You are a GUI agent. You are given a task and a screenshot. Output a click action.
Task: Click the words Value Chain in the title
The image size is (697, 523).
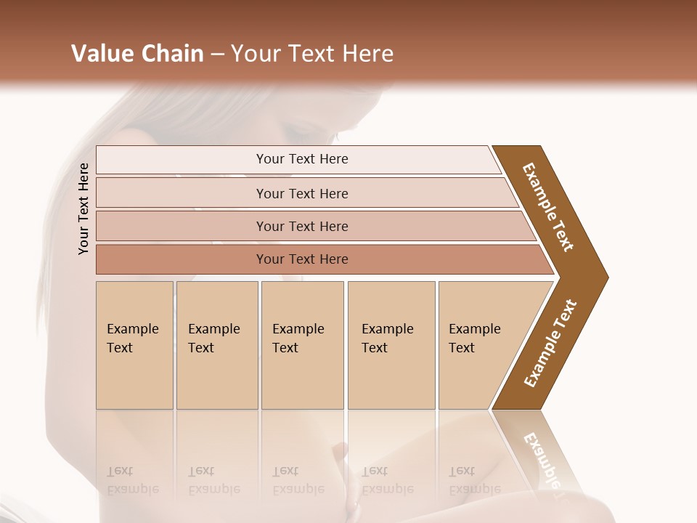[137, 54]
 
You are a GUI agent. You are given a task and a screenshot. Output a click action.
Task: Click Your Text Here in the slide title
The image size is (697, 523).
[312, 54]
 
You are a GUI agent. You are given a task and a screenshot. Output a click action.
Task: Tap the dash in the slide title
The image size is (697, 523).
[217, 54]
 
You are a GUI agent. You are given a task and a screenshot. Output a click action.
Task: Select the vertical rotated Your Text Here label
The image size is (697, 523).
[83, 208]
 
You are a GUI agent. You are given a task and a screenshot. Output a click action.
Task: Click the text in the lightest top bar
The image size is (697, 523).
[302, 159]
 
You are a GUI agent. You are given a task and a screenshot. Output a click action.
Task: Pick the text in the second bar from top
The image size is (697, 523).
[302, 194]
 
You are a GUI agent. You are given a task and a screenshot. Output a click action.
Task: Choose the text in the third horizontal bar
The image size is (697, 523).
[302, 227]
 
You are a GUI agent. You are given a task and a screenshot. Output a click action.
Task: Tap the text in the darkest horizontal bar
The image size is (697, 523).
[302, 259]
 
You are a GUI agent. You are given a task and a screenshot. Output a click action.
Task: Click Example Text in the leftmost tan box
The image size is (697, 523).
[132, 338]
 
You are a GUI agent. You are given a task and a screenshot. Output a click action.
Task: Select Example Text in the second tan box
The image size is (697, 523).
[213, 338]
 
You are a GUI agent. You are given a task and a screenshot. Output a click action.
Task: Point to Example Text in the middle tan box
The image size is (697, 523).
[298, 338]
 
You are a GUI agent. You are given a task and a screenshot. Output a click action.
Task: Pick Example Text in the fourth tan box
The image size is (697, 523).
[387, 338]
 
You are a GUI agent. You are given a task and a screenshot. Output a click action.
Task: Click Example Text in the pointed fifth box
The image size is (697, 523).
[474, 338]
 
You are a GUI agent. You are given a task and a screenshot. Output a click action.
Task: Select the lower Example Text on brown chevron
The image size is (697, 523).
[550, 343]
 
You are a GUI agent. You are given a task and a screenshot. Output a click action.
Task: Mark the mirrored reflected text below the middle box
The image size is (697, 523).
[298, 480]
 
